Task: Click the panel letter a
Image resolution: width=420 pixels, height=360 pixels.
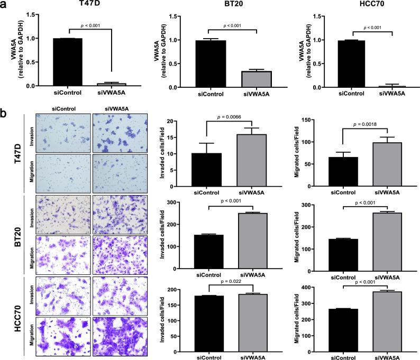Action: click(x=5, y=6)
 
